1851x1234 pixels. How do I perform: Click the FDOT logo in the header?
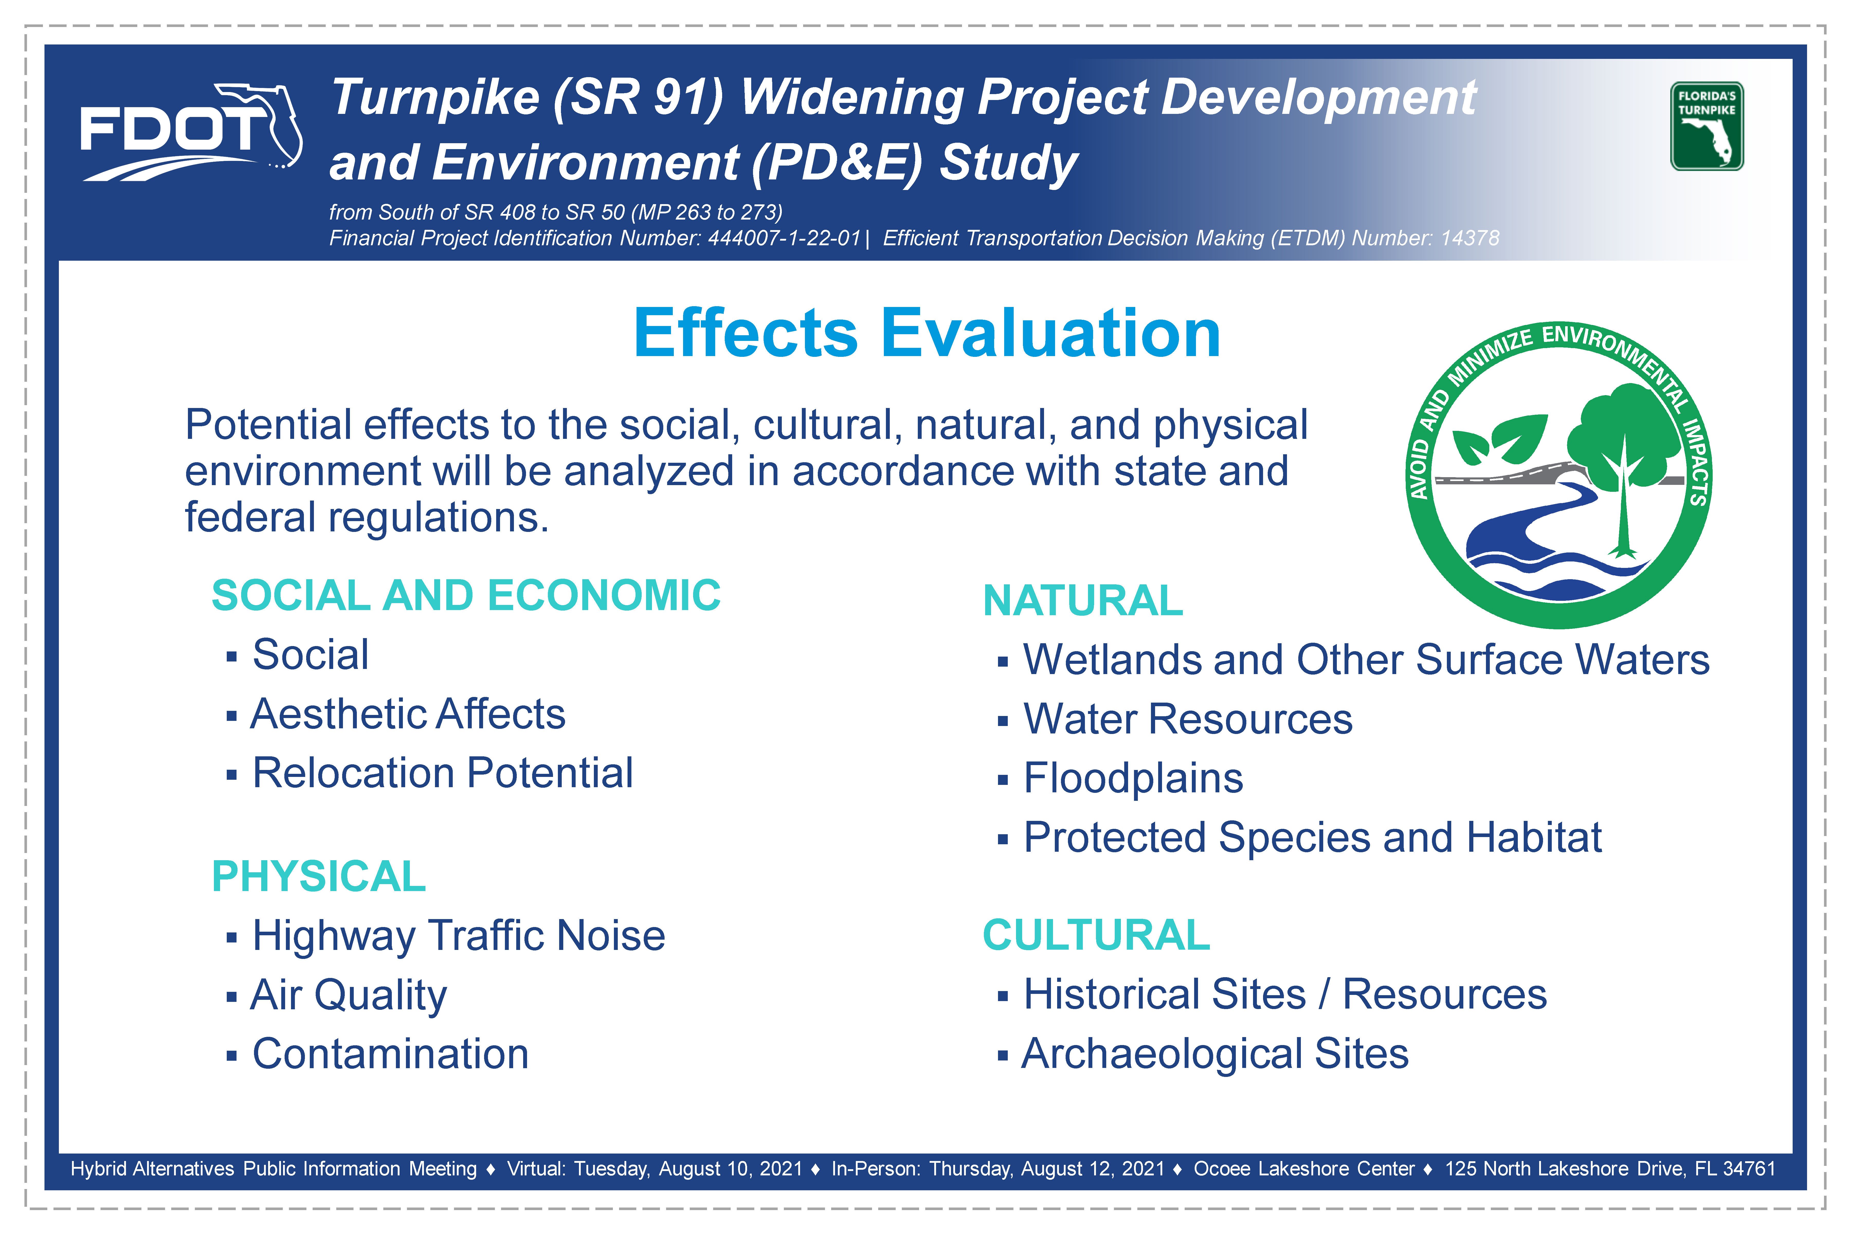point(191,132)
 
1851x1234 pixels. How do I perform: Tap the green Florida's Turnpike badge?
point(1706,126)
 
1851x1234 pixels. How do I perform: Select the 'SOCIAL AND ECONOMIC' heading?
point(466,595)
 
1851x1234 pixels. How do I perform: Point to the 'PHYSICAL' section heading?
point(319,876)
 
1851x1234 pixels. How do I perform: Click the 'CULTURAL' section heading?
point(1096,935)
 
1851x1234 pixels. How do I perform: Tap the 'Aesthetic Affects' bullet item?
point(408,714)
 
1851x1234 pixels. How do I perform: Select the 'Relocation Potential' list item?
point(442,773)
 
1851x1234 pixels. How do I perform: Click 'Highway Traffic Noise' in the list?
point(459,936)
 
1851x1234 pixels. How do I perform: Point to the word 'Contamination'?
point(390,1054)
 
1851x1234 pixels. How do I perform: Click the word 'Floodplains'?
point(1133,778)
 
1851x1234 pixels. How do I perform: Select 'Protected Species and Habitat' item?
point(1313,837)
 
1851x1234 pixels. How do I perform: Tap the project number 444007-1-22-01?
point(785,238)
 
